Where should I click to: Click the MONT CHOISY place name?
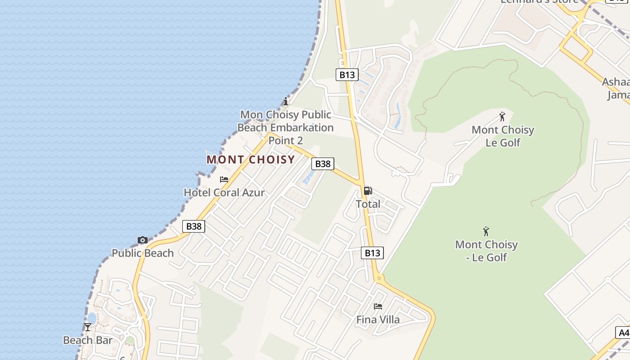coord(251,159)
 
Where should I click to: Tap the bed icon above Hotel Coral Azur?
coord(224,180)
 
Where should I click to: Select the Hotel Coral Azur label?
coord(224,193)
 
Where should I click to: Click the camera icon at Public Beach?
coord(143,240)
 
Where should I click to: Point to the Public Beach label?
coord(143,253)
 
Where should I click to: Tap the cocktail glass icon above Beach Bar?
coord(88,327)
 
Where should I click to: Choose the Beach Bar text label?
coord(88,340)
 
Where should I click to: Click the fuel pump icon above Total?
coord(368,191)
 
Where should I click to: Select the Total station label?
coord(368,204)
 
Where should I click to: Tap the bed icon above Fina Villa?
coord(378,306)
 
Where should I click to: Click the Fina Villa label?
coord(378,319)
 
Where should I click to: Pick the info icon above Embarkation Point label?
coord(285,101)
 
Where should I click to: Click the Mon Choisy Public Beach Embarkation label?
coord(286,127)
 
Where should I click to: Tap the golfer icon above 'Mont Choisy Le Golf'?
coord(502,117)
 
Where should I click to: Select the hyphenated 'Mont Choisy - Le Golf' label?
coord(486,251)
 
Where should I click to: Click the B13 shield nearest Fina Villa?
coord(372,253)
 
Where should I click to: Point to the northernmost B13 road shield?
coord(347,75)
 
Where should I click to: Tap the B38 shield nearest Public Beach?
coord(194,226)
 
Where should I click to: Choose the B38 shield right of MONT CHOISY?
coord(323,164)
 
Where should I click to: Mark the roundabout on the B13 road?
coord(379,278)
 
